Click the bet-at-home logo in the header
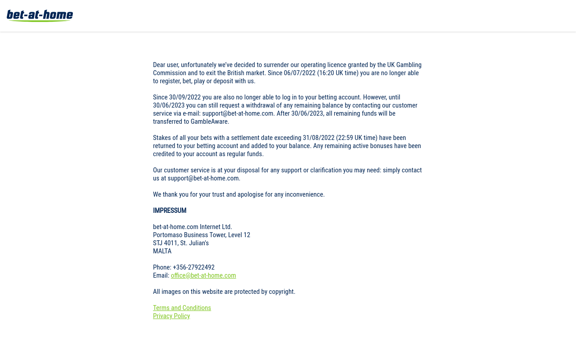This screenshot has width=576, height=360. pos(40,16)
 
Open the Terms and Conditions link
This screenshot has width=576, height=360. pos(182,308)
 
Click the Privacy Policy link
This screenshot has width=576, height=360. pos(171,316)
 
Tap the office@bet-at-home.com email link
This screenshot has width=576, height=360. pos(203,275)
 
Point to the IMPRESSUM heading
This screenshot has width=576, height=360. pos(170,211)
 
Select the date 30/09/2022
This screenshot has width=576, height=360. pos(185,97)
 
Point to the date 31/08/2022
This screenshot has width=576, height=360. pos(319,138)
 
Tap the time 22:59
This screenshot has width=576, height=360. pos(346,138)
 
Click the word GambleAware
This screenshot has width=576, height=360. pos(209,121)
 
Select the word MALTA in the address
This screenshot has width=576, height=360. pos(162,251)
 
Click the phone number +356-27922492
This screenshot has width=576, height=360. pos(193,267)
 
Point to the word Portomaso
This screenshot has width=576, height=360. pos(168,235)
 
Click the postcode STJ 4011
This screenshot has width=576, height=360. pos(165,243)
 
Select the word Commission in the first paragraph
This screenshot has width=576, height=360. pos(169,73)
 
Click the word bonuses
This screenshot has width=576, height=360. pos(366,146)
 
